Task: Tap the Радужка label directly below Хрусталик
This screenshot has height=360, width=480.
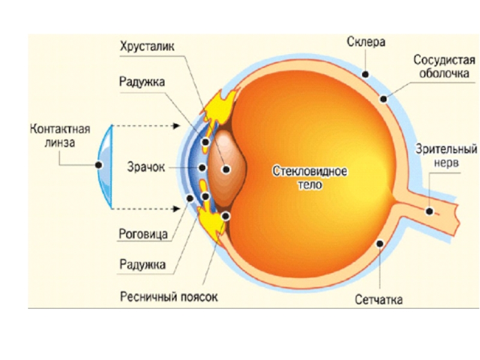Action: click(x=142, y=81)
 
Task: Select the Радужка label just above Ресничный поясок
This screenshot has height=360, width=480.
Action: click(x=142, y=263)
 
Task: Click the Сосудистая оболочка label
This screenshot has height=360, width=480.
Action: click(x=444, y=67)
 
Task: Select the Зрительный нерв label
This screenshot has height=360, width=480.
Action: click(x=448, y=155)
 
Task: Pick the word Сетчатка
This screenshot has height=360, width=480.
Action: click(x=378, y=299)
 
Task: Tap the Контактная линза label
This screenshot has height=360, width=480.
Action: click(x=60, y=136)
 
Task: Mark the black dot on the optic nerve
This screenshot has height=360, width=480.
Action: click(x=430, y=211)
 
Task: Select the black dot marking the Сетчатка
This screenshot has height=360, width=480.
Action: click(x=379, y=244)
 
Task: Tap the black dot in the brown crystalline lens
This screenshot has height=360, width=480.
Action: click(x=226, y=170)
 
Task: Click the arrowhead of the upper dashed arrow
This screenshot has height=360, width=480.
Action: click(x=178, y=126)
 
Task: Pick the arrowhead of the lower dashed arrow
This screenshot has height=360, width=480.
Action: click(x=178, y=208)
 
